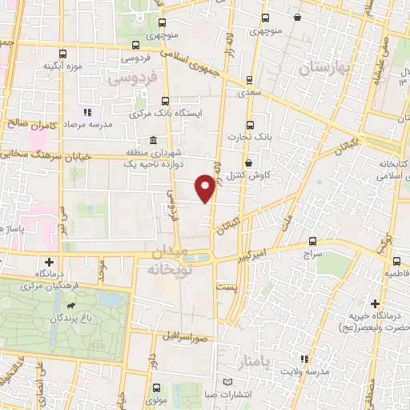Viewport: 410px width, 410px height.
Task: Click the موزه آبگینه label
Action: tap(64, 65)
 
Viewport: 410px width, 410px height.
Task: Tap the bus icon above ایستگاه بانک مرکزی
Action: tap(165, 102)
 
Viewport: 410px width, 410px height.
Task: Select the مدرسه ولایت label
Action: tap(305, 375)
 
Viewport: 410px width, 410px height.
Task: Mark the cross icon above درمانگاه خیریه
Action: tap(376, 303)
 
